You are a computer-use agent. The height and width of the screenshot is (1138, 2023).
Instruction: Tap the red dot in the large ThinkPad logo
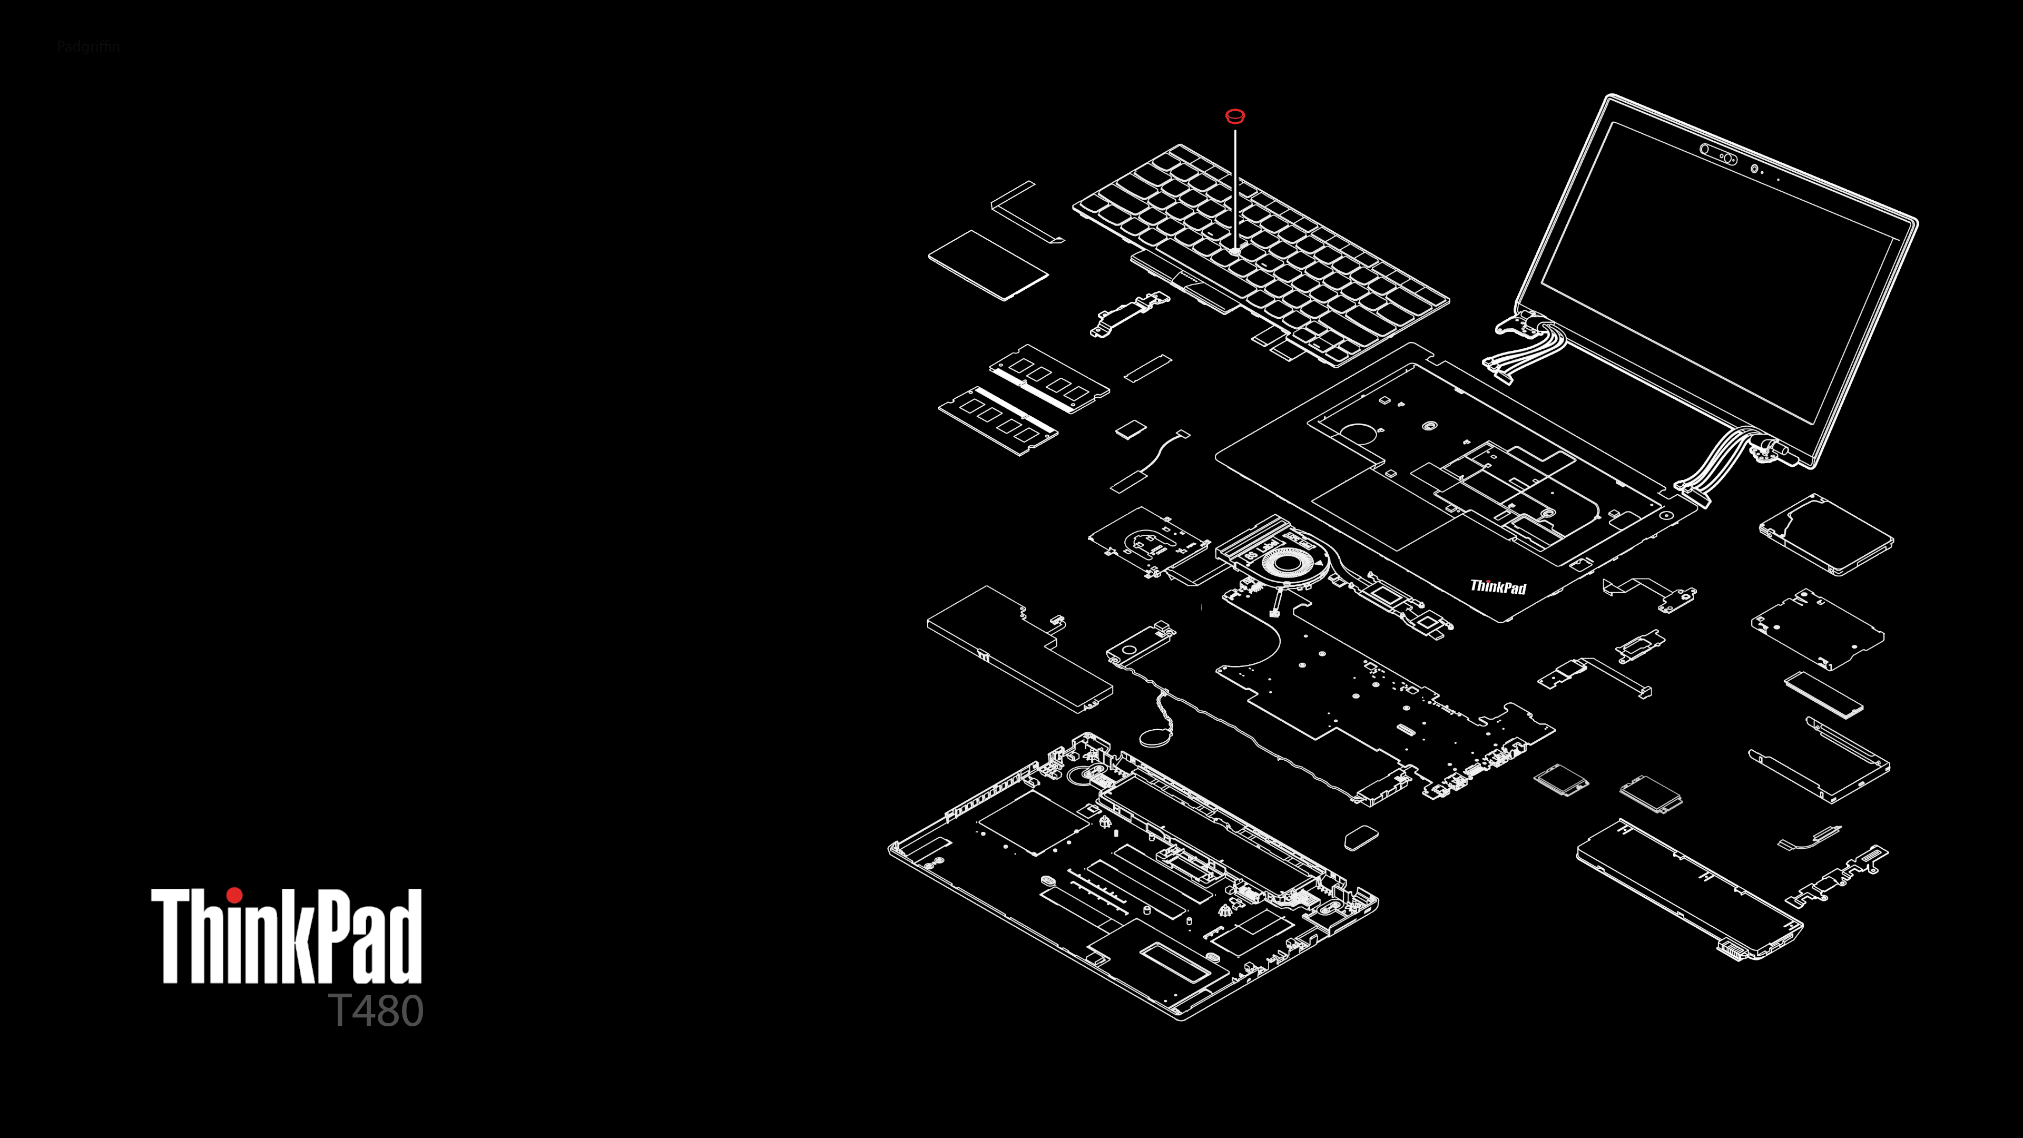[234, 895]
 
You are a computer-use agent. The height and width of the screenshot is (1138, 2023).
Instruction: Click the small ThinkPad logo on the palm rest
[1498, 587]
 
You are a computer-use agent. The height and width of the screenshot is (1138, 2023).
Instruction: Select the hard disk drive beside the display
[1826, 534]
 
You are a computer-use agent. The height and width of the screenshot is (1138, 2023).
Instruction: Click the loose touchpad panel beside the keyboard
[988, 264]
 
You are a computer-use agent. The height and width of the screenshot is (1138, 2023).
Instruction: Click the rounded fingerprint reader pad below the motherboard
[1361, 837]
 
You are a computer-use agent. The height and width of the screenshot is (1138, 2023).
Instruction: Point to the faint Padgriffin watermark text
[88, 46]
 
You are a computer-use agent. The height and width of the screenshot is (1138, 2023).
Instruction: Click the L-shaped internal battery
[1018, 649]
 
